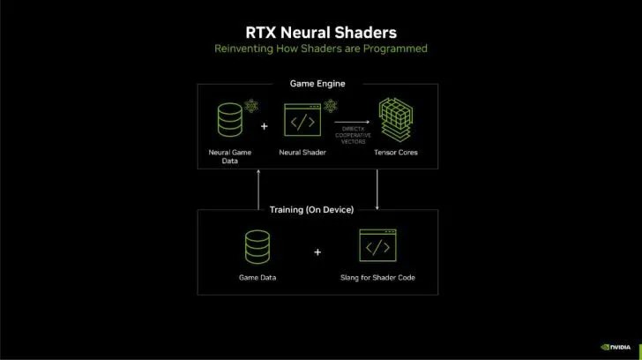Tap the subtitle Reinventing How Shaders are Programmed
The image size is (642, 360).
tap(320, 48)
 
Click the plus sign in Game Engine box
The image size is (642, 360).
tap(265, 125)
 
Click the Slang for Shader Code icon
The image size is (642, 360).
tap(378, 248)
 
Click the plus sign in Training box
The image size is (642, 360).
tap(317, 251)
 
